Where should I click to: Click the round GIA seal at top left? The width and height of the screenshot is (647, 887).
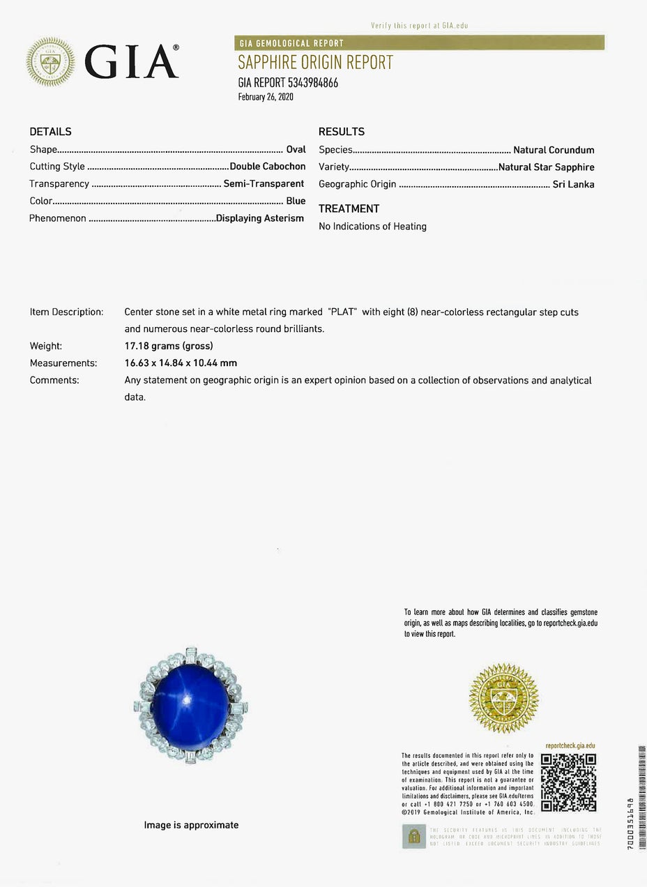pos(50,61)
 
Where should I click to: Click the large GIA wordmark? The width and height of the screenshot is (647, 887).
pos(131,62)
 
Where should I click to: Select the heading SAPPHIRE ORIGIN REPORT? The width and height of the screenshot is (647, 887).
pos(316,63)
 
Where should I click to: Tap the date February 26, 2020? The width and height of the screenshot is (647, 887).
pos(266,97)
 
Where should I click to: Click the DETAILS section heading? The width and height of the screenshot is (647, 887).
pos(50,131)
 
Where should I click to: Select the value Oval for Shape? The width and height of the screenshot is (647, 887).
pos(296,149)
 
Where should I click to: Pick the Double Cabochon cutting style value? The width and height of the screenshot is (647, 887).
pos(268,167)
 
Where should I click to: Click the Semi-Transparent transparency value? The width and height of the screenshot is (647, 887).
pos(264,184)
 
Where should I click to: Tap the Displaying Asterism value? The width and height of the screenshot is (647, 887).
pos(260,218)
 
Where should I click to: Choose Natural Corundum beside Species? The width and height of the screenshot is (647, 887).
pos(554,150)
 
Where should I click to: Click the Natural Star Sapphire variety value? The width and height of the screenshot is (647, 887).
pos(547,167)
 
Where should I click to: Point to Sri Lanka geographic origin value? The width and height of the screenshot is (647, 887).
pos(573,185)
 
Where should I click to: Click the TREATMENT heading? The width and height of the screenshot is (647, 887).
pos(349,209)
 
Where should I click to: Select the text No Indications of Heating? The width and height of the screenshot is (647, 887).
pos(372,227)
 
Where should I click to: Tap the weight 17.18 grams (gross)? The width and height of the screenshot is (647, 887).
pos(168,346)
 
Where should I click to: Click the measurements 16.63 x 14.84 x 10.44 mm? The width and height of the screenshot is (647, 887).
pos(181,363)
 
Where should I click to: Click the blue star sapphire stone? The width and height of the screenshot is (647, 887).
pos(191,706)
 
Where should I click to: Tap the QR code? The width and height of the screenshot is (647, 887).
pos(568,782)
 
